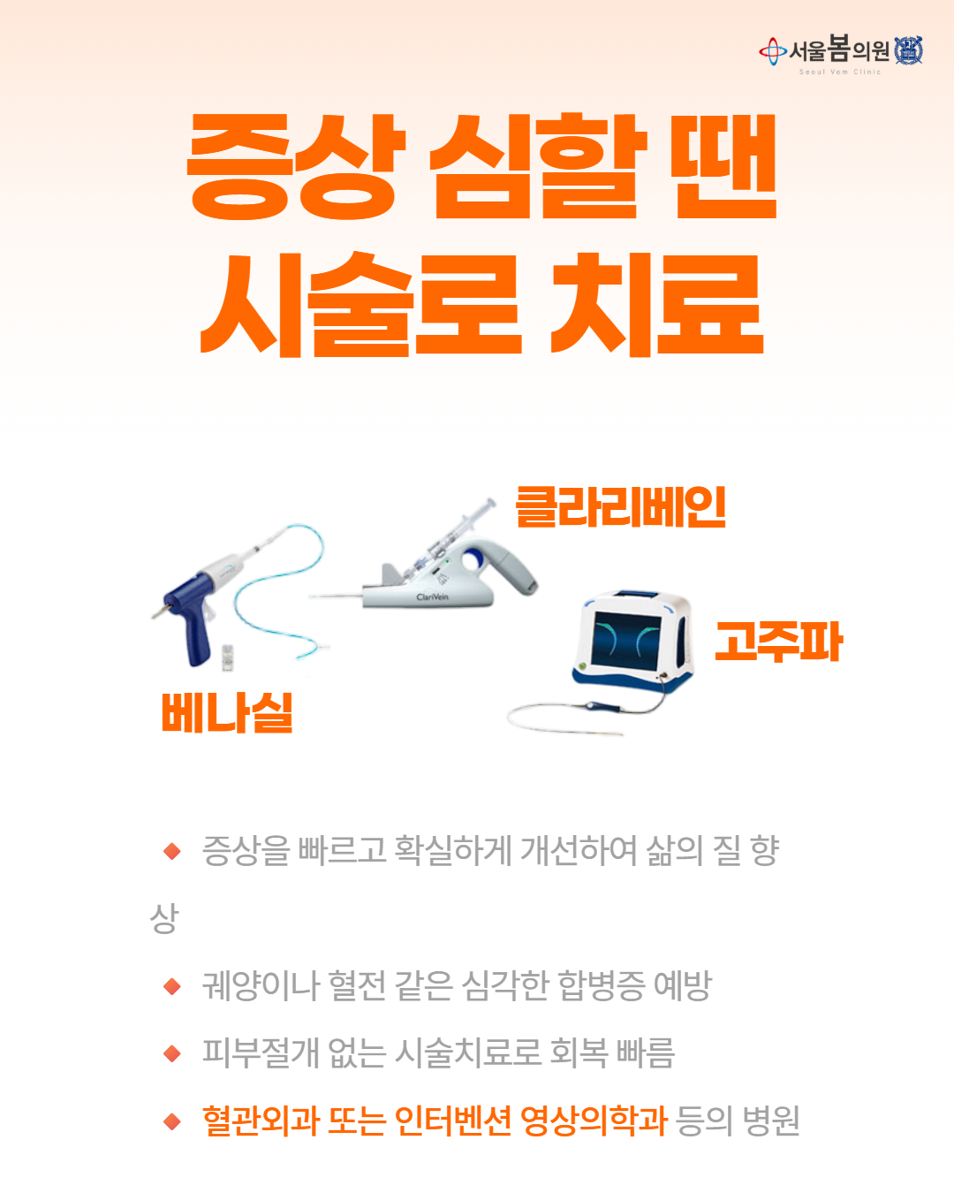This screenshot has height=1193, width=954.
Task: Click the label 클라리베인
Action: click(620, 506)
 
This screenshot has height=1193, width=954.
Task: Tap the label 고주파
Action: click(779, 642)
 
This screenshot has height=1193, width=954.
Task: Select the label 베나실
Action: click(227, 713)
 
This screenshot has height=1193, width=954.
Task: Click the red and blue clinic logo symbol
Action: click(773, 51)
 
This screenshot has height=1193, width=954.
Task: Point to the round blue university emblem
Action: click(909, 51)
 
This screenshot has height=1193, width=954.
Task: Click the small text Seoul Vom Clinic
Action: click(840, 72)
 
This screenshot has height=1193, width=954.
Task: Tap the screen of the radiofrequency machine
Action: click(626, 641)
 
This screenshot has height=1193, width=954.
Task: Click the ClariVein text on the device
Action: click(432, 597)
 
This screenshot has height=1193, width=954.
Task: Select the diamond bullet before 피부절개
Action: click(172, 1053)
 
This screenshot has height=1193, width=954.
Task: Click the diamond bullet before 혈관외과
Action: click(172, 1121)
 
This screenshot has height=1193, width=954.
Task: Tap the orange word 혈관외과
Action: click(261, 1121)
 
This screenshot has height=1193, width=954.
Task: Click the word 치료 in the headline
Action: click(657, 304)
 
